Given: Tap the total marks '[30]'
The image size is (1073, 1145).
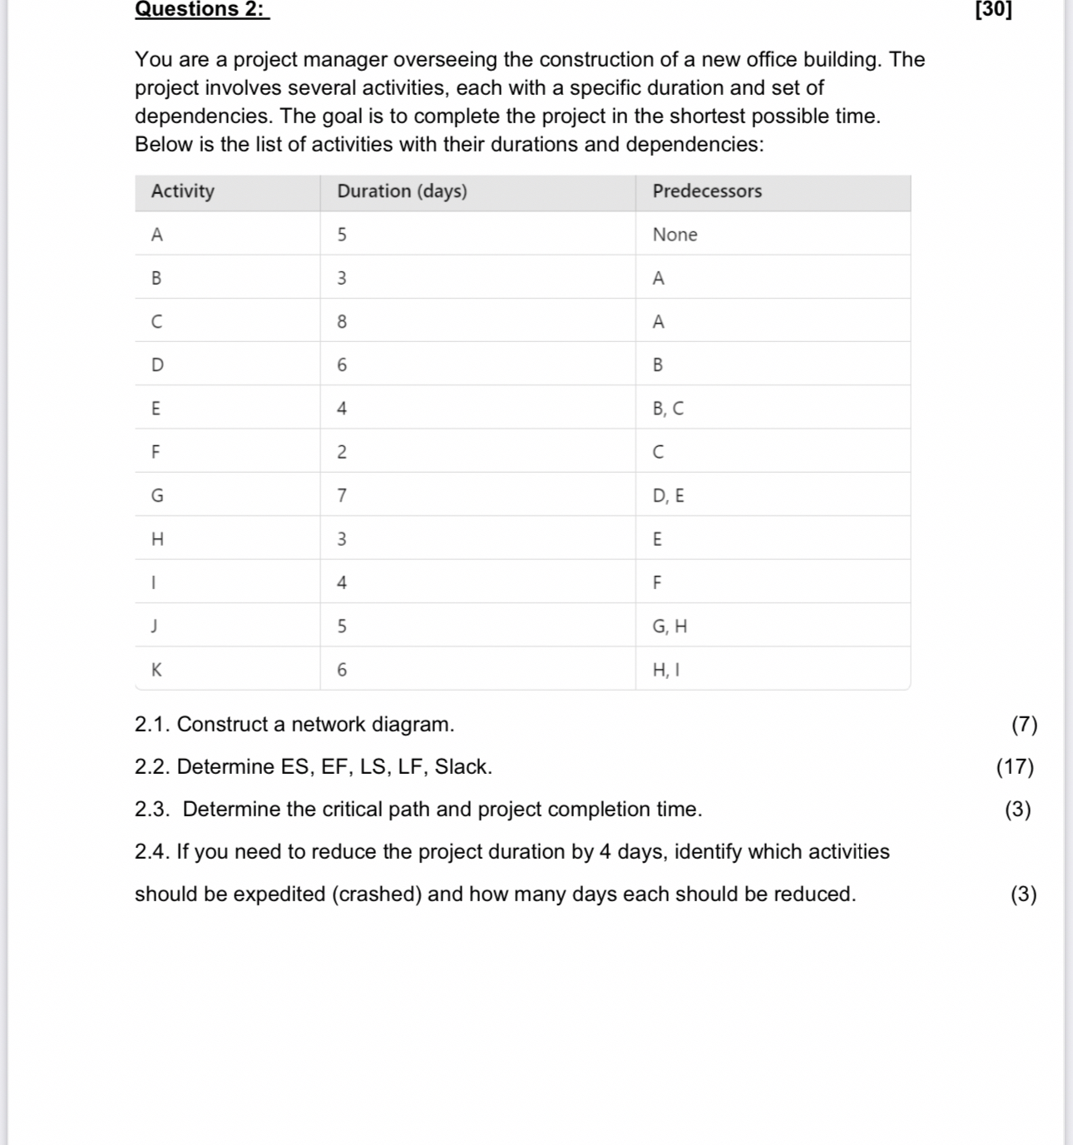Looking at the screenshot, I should (x=993, y=9).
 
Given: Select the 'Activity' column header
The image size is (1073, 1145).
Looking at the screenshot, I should (x=183, y=191).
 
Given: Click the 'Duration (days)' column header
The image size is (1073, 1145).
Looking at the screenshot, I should (x=402, y=191).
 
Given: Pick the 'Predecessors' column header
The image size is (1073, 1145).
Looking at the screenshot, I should (x=707, y=191).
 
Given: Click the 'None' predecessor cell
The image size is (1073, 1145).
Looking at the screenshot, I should (x=675, y=235).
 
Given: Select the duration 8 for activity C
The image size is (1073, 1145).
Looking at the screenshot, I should (x=342, y=322).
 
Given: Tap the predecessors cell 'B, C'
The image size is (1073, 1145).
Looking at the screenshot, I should (x=668, y=409).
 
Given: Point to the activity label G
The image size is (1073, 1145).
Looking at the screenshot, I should (x=157, y=496).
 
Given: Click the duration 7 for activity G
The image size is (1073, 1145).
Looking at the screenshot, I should (x=342, y=496).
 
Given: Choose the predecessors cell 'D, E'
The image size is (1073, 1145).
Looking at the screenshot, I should (x=668, y=496).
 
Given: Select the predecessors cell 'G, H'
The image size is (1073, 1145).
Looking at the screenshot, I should (x=670, y=627).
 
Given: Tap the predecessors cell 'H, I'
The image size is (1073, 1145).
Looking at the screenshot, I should (x=666, y=670).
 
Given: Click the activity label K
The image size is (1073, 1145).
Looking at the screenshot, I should (x=156, y=670).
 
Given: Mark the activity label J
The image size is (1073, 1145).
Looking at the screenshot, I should (x=155, y=627).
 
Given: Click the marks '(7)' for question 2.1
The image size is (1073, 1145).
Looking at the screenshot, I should (x=1024, y=724).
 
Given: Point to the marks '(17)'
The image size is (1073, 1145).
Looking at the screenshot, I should (x=1015, y=766).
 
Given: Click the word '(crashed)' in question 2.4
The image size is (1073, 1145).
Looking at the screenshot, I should (x=377, y=894).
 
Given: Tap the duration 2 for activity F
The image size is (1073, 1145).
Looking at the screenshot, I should (x=342, y=453).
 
